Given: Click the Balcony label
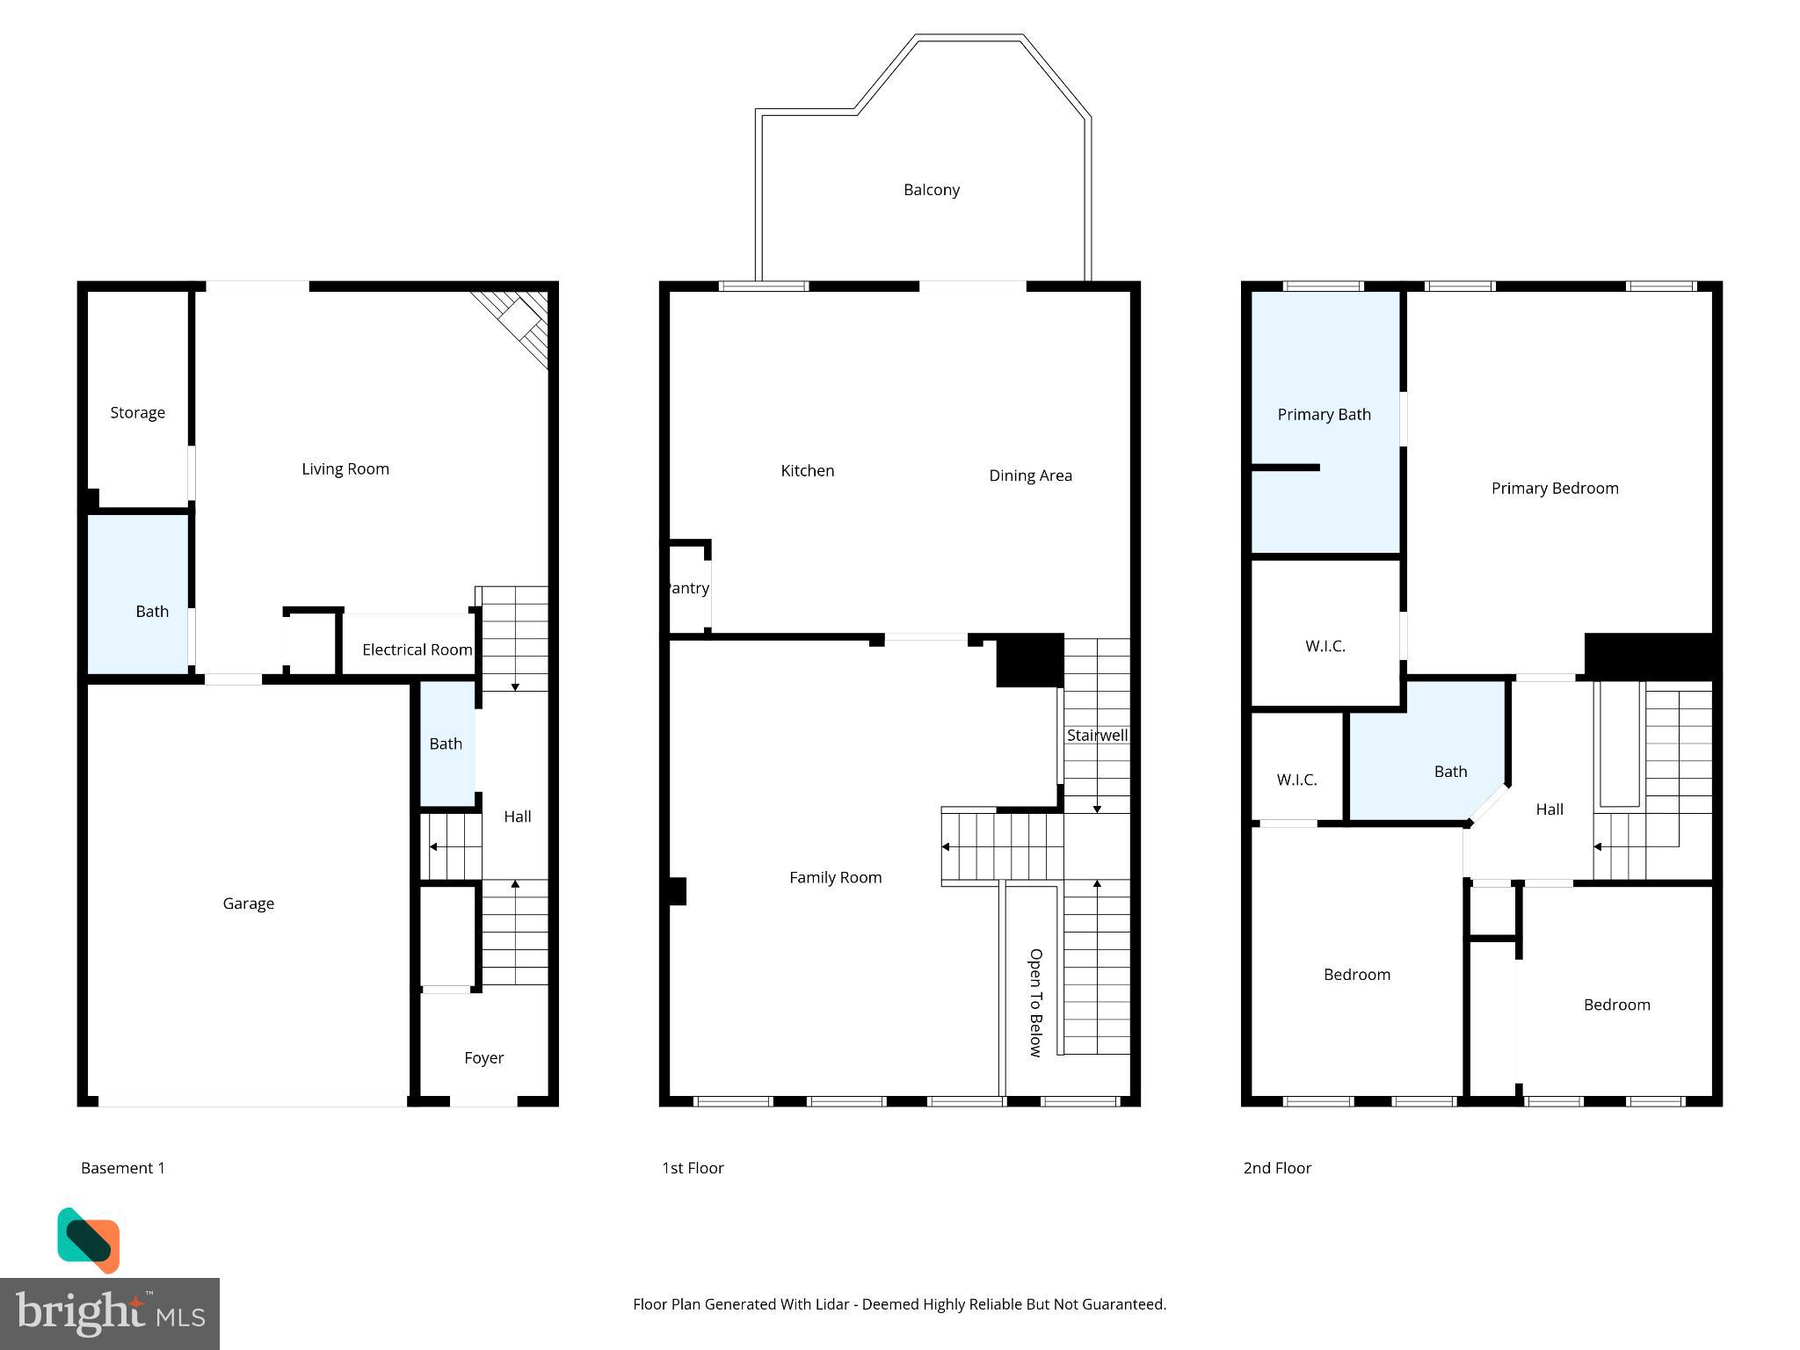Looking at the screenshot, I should click(x=931, y=190).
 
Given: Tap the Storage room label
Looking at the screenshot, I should click(x=137, y=412).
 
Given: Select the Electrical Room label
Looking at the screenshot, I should click(x=417, y=650).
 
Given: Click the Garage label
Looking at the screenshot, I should click(x=248, y=904).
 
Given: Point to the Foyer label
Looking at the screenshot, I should click(x=483, y=1058).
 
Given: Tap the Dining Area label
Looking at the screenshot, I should click(x=1030, y=475).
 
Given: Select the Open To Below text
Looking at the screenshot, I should click(x=1035, y=1003).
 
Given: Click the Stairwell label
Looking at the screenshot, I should click(x=1097, y=736).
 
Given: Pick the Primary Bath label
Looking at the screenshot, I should click(x=1324, y=415).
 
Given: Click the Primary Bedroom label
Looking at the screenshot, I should click(x=1554, y=489).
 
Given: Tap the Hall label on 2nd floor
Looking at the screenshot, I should click(x=1549, y=809).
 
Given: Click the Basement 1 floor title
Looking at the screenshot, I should click(x=123, y=1168).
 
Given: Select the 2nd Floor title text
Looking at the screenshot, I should click(x=1276, y=1168).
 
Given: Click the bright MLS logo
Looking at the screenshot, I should click(x=110, y=1314).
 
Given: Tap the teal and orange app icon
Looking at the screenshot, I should click(x=89, y=1240).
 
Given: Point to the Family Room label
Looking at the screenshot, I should click(x=835, y=877).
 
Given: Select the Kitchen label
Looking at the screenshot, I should click(x=807, y=471).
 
